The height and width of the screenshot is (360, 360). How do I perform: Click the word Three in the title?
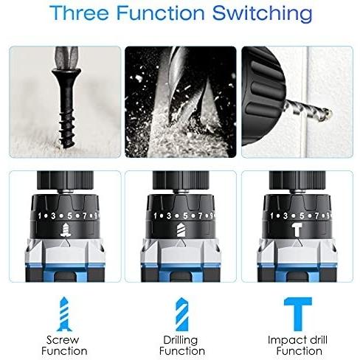[79, 13]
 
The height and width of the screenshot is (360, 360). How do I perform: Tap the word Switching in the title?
[262, 14]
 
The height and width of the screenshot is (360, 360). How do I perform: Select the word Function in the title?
[160, 13]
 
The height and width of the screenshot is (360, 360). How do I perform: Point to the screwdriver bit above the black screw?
[67, 58]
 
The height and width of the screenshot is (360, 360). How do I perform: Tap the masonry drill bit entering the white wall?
[308, 111]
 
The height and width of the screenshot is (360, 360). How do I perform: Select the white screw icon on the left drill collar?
[66, 230]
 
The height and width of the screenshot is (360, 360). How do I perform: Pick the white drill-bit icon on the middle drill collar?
[181, 230]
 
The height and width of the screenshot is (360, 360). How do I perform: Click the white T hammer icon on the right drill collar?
[297, 229]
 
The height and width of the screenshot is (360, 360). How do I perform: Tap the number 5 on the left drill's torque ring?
[70, 216]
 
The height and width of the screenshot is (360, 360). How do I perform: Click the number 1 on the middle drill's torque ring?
[155, 216]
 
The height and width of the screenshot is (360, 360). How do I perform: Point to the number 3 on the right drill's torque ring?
[285, 215]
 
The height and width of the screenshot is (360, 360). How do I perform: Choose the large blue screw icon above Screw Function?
[64, 314]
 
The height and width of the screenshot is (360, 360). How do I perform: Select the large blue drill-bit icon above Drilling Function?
[182, 314]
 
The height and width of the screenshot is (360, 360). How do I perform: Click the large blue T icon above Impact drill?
[298, 314]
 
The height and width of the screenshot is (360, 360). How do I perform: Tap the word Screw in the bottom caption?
[63, 340]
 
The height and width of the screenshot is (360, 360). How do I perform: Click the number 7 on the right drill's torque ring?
[316, 215]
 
